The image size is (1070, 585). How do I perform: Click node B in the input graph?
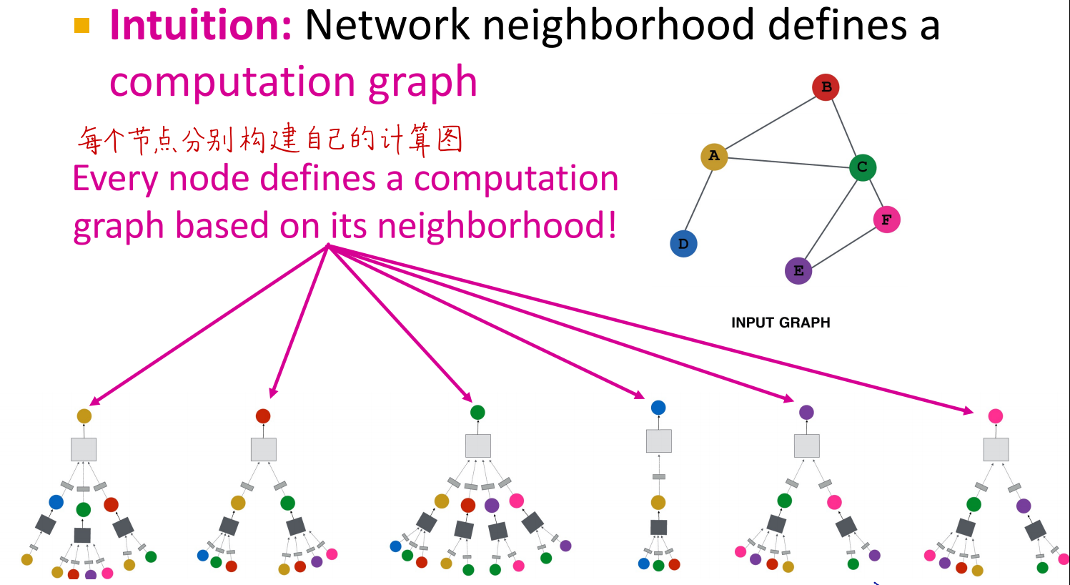click(826, 87)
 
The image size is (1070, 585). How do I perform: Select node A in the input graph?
click(713, 157)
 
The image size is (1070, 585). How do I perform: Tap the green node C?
click(863, 167)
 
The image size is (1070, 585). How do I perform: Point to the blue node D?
click(683, 244)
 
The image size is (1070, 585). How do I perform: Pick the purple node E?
click(798, 270)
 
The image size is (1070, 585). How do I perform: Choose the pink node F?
click(886, 220)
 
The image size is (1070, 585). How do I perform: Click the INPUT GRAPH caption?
click(781, 323)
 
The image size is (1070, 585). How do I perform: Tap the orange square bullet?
click(81, 25)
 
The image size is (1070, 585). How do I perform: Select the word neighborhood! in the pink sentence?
click(497, 225)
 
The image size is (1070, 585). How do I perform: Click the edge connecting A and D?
click(698, 200)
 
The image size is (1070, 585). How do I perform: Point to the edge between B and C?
click(844, 127)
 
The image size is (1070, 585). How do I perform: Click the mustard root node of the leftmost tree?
click(84, 416)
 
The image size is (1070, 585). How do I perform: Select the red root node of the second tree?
click(263, 416)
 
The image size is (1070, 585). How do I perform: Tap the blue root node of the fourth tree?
click(658, 408)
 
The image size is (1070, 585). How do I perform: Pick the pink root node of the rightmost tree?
click(996, 416)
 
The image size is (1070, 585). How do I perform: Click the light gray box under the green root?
click(478, 446)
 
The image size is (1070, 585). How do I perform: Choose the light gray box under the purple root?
click(807, 446)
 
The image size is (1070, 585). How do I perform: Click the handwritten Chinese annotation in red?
click(270, 139)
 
